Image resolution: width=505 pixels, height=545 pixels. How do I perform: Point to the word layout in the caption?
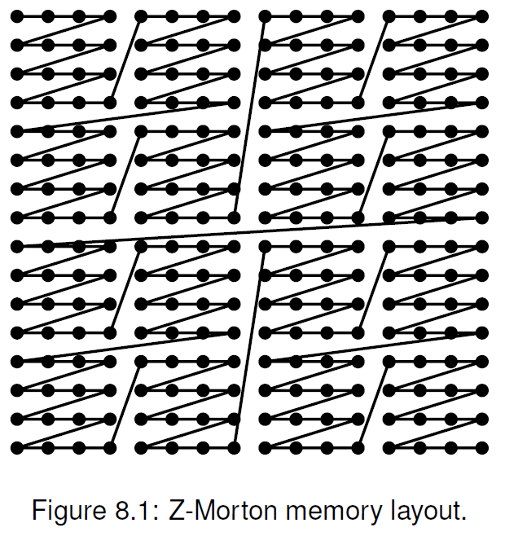point(415,513)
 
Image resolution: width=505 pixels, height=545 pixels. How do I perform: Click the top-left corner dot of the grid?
point(17,16)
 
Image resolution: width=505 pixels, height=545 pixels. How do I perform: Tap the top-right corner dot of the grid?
point(481,16)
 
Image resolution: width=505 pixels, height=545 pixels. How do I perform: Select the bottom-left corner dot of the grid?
point(17,447)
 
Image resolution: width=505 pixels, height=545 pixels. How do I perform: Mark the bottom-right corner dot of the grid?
point(481,447)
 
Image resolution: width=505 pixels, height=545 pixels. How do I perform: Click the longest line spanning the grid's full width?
point(249,231)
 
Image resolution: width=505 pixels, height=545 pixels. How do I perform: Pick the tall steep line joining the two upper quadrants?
point(249,116)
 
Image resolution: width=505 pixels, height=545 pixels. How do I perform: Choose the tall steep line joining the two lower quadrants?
point(249,346)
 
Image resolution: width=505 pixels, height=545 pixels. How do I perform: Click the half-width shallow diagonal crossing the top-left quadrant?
point(126,116)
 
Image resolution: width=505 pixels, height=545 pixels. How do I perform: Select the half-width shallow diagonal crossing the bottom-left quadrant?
point(126,346)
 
